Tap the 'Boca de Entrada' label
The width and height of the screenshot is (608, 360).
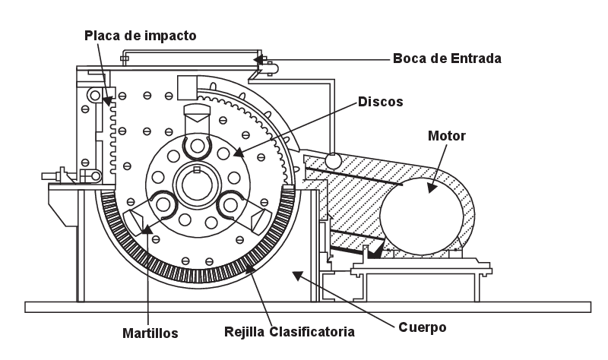tap(446, 58)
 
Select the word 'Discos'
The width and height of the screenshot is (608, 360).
tap(379, 100)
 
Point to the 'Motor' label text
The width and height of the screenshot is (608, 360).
tap(447, 136)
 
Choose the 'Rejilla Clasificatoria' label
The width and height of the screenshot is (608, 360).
tap(290, 331)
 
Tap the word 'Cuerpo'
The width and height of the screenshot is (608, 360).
tap(422, 327)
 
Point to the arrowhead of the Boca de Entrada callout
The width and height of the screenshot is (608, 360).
tap(257, 58)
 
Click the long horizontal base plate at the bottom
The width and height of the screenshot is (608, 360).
tap(307, 307)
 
